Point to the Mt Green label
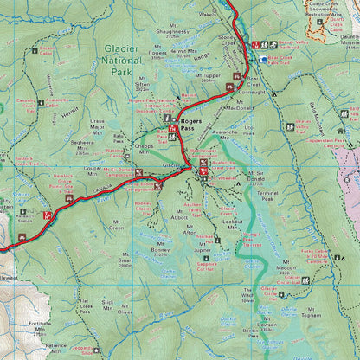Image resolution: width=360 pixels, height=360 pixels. tap(115, 228)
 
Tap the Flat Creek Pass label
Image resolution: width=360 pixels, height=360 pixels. tap(86, 305)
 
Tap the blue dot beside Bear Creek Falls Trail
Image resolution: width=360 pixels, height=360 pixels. tap(264, 58)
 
